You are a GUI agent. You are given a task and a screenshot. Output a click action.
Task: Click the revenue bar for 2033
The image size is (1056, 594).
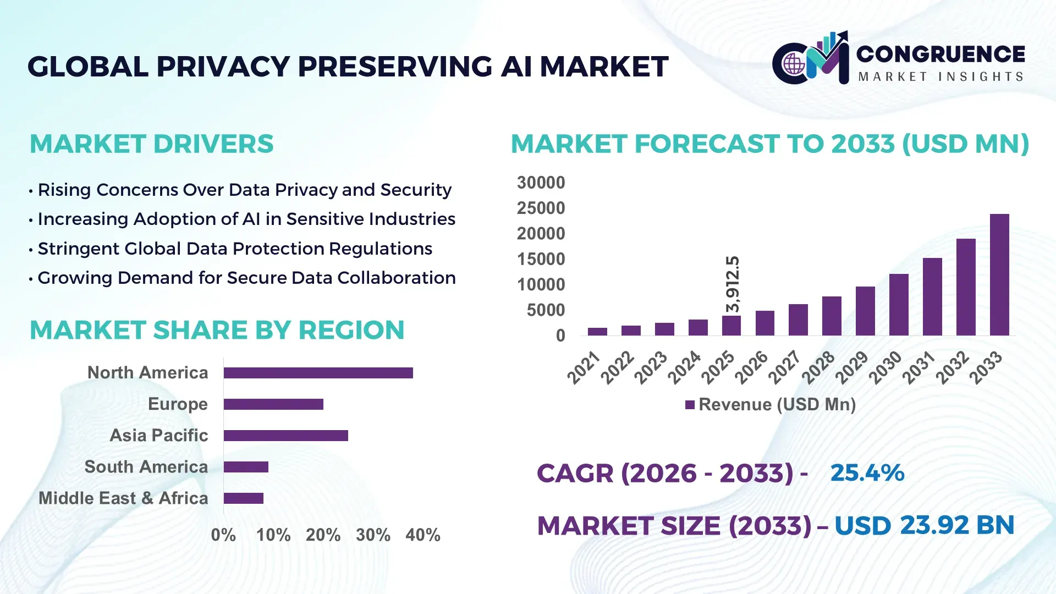[999, 275]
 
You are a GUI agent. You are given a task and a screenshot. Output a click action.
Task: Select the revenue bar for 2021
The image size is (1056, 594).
[597, 332]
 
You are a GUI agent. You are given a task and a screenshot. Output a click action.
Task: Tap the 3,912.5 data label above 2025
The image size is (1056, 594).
[733, 284]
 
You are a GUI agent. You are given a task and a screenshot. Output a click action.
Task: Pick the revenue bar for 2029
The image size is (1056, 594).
[865, 311]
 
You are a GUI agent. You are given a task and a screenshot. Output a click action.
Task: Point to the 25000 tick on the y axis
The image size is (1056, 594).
[541, 208]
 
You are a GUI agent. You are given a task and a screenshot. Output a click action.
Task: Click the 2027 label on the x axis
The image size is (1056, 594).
[785, 367]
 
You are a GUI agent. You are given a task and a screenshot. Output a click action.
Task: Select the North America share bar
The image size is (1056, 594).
[318, 373]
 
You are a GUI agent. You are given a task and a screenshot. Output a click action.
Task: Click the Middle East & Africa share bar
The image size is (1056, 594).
[244, 498]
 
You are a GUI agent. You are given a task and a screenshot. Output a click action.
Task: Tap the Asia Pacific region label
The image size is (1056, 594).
[158, 436]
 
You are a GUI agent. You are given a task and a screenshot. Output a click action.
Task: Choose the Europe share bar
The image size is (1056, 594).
[273, 404]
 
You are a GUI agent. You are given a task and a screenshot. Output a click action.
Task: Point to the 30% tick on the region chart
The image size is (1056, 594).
[373, 535]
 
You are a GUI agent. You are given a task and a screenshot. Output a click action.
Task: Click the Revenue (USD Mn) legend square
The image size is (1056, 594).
[690, 405]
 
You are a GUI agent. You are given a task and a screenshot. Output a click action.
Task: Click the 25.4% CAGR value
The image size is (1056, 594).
[867, 473]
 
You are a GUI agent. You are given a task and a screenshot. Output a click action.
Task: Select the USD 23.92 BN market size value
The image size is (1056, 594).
[924, 525]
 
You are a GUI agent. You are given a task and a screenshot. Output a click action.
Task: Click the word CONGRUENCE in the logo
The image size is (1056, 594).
[941, 54]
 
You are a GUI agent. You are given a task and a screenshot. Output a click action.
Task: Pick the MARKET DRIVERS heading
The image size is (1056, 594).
[151, 144]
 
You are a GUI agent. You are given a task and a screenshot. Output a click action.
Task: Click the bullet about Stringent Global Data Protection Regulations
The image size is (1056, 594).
[234, 249]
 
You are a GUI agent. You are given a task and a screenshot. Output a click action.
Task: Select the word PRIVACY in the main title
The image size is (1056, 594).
[223, 67]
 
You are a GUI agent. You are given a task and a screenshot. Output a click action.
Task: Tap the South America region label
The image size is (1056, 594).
[146, 467]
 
